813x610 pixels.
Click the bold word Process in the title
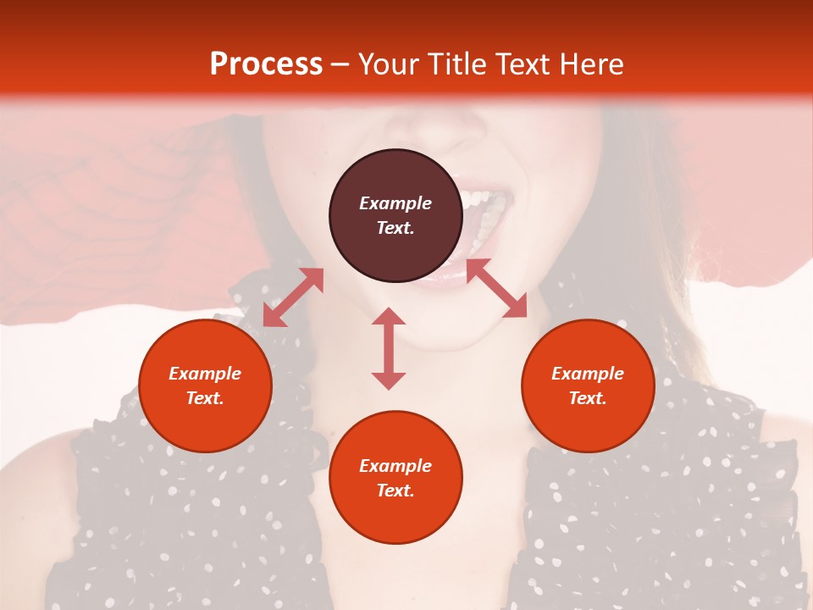click(266, 64)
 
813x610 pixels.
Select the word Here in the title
click(591, 64)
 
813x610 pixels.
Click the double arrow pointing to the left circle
click(293, 297)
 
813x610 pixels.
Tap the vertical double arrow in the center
click(389, 348)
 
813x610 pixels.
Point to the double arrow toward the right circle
click(497, 288)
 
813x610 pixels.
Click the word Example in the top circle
click(395, 203)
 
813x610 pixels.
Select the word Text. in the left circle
click(205, 398)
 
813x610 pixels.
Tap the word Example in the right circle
click(588, 374)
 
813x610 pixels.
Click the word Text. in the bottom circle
click(395, 491)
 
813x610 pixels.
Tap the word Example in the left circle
click(205, 374)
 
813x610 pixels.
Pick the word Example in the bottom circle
click(395, 466)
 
